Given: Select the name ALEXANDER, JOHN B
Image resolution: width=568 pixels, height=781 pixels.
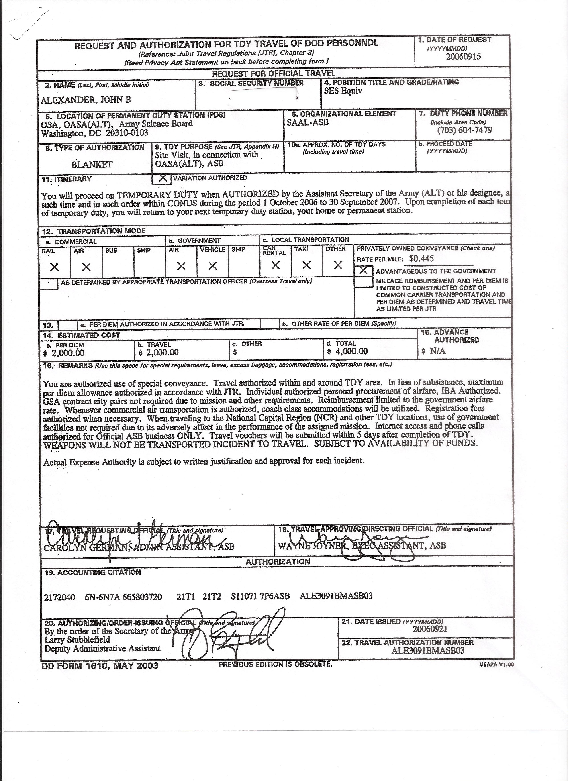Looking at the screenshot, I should pos(86,100).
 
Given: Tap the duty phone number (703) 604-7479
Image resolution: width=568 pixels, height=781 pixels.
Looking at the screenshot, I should pos(465,130).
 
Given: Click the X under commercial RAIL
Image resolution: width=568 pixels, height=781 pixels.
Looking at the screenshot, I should pos(54,267).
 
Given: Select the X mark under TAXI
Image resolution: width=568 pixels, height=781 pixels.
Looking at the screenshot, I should pos(306,265).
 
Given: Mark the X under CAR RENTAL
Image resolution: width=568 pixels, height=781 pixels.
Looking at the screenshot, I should pos(275,265).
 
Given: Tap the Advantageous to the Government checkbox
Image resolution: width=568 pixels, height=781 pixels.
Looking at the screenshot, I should pos(363,271).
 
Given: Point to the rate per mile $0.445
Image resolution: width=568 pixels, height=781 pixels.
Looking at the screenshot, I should pos(421,259).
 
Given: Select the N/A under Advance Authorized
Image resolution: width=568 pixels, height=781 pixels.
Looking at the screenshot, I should pos(437,351).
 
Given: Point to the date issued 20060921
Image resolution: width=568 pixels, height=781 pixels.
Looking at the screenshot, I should pos(429,629).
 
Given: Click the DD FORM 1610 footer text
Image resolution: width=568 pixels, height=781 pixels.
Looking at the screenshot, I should pos(100,665).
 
